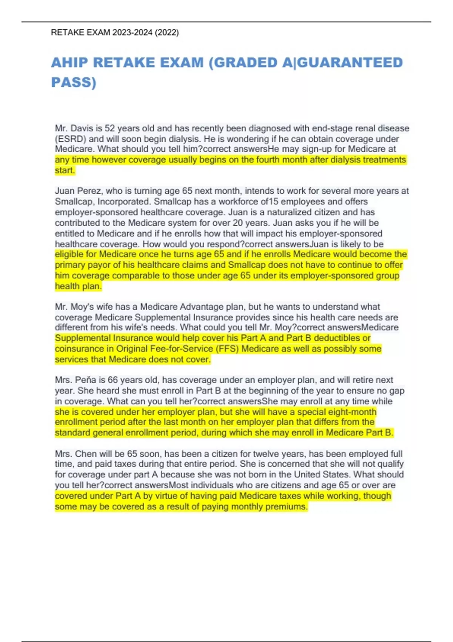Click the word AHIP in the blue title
pos(69,63)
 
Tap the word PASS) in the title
pos(74,82)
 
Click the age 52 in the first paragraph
pos(109,128)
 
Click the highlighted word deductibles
pos(337,338)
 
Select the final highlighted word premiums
pos(287,506)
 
